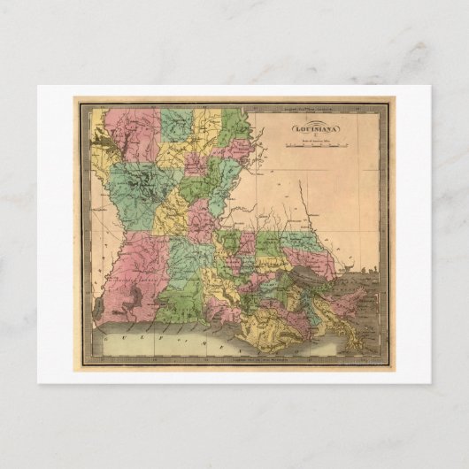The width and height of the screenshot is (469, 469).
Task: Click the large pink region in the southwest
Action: (x=133, y=283)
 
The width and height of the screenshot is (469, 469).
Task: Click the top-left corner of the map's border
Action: (x=78, y=103)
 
